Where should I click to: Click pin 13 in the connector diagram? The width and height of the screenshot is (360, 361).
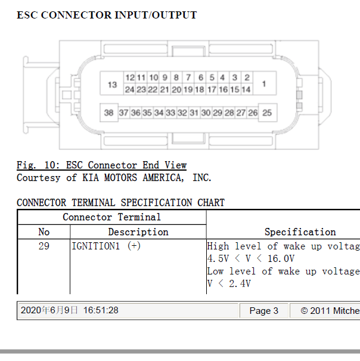coord(112,85)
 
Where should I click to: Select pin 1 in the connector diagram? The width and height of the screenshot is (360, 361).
coord(264,84)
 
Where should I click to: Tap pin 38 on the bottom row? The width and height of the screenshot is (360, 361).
coord(109,113)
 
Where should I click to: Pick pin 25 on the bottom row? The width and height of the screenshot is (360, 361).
coord(267,113)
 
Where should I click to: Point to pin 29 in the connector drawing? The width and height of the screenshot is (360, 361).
coord(218,113)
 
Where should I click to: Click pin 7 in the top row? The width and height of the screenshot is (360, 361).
coord(188,78)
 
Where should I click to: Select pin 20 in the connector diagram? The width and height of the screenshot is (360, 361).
coord(176,90)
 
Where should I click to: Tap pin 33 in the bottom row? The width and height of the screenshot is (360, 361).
coord(170,113)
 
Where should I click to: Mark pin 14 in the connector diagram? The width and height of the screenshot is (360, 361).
coord(246,90)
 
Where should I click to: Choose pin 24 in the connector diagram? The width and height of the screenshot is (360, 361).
coord(129,90)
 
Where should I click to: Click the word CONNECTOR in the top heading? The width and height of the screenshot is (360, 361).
coord(76,15)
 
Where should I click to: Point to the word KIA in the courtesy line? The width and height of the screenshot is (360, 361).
coord(91,177)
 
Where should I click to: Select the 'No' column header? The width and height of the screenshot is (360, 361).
coord(44,232)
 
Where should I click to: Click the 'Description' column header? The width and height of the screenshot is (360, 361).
coord(138,232)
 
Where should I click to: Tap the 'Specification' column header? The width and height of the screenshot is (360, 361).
coord(300,232)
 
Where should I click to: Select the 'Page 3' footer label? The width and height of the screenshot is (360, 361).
coord(264,311)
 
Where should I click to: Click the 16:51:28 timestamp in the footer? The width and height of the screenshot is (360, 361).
coord(101,310)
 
